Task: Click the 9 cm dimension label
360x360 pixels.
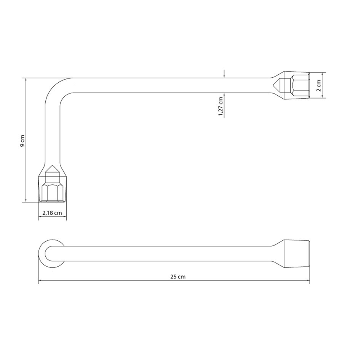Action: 22,141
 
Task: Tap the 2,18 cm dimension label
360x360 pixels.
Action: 52,213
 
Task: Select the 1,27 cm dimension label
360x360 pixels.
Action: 221,107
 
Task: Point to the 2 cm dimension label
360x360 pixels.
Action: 318,86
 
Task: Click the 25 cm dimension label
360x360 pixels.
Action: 178,277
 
